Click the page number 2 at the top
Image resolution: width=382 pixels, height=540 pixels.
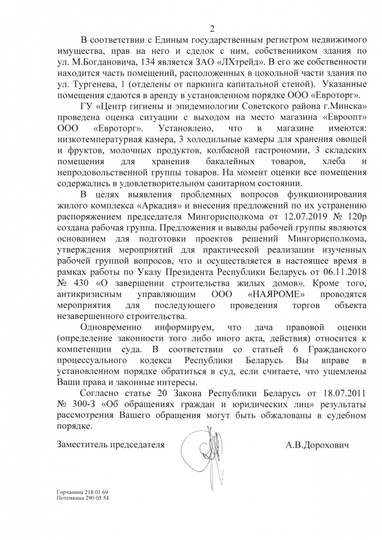[x=212, y=29]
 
